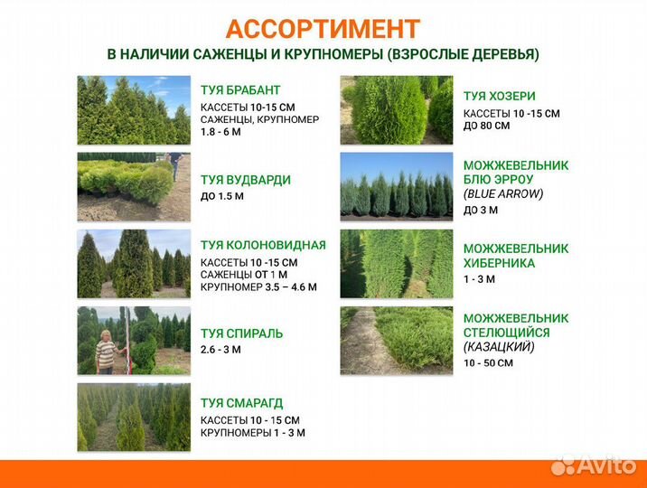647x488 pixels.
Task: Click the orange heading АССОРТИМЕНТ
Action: [x=323, y=29]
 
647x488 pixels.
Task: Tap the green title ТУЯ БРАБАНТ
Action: [x=240, y=90]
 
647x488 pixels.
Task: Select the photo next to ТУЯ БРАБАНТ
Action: [x=134, y=110]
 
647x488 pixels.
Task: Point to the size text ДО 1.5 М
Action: [x=222, y=196]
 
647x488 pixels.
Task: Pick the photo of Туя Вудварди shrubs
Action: [x=134, y=187]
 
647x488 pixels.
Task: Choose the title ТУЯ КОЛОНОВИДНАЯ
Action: [x=263, y=245]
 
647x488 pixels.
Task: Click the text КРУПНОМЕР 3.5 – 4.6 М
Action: [x=258, y=287]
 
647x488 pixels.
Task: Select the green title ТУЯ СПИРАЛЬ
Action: [x=241, y=333]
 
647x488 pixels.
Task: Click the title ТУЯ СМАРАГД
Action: [x=243, y=404]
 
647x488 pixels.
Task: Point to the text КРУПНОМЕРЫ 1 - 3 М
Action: [x=252, y=433]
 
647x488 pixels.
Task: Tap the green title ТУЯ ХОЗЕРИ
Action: [x=499, y=97]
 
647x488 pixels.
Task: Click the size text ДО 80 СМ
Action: [x=486, y=126]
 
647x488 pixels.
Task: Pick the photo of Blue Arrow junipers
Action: [x=396, y=185]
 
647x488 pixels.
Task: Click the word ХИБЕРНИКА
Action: [x=499, y=263]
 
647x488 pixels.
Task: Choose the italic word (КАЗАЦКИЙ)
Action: [x=499, y=347]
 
